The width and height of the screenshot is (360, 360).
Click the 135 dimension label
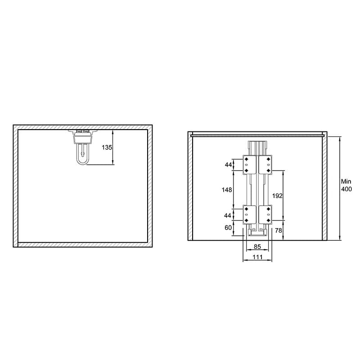(107, 147)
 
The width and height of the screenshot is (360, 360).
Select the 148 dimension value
(227, 189)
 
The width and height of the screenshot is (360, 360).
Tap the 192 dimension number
(277, 196)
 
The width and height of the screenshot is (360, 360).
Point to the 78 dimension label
(279, 230)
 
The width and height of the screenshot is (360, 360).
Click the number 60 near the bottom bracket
(228, 228)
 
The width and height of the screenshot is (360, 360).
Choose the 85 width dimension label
(257, 246)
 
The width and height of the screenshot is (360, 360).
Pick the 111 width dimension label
(257, 257)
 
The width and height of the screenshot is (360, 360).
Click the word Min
(346, 181)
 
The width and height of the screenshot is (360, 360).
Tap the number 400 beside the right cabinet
(346, 189)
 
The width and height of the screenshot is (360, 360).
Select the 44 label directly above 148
(228, 165)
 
